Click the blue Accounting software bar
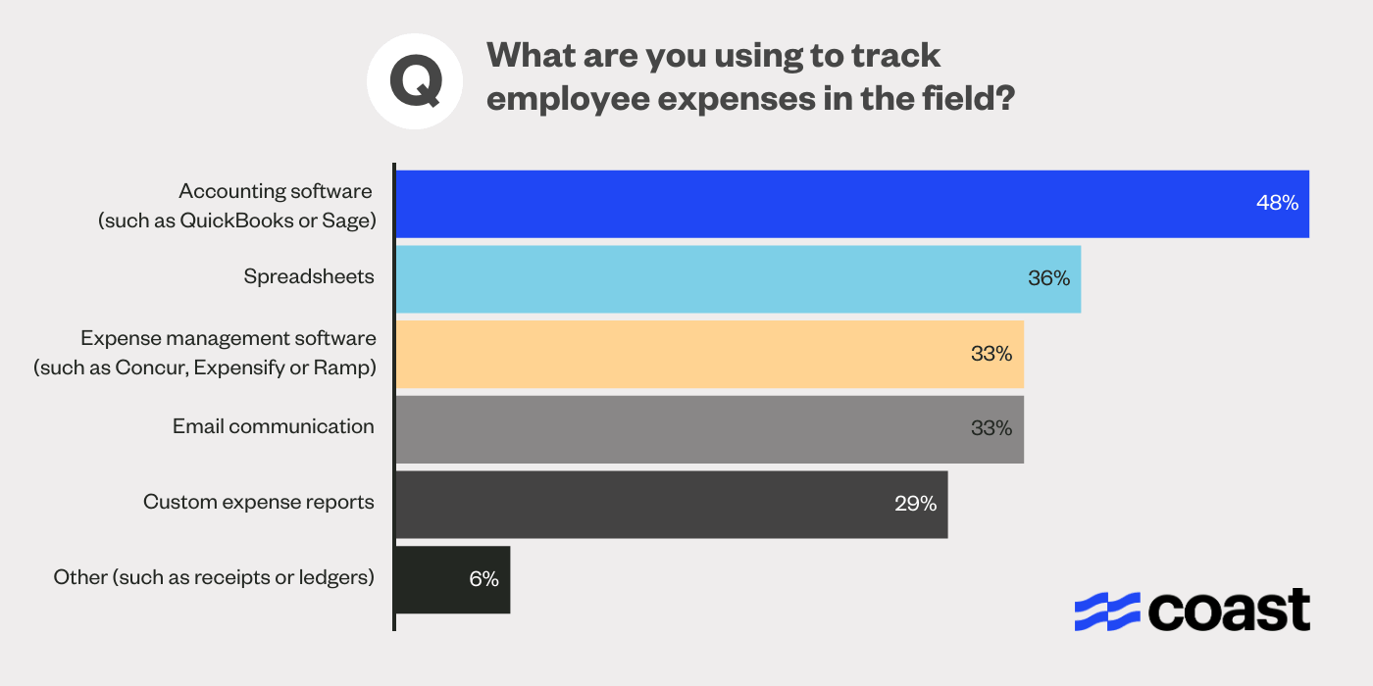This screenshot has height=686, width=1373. (x=851, y=204)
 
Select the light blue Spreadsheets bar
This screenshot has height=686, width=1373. (x=737, y=279)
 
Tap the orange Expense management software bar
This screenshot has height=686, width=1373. (x=709, y=354)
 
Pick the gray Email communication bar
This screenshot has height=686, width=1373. (x=709, y=429)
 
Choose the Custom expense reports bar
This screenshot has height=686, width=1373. (x=671, y=505)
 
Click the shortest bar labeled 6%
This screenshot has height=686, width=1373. (x=452, y=580)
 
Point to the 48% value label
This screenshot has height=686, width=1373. (x=1277, y=204)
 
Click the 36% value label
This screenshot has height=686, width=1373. (x=1048, y=279)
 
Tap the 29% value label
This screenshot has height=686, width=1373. (x=915, y=505)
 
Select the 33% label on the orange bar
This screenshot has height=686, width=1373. (x=991, y=354)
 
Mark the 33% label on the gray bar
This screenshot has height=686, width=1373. (x=991, y=429)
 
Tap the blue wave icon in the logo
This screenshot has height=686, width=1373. (x=1107, y=612)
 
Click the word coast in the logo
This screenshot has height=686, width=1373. (x=1229, y=612)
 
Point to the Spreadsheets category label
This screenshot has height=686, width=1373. (x=309, y=277)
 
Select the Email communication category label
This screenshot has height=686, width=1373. (x=274, y=427)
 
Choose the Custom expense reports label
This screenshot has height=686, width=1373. (x=259, y=503)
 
